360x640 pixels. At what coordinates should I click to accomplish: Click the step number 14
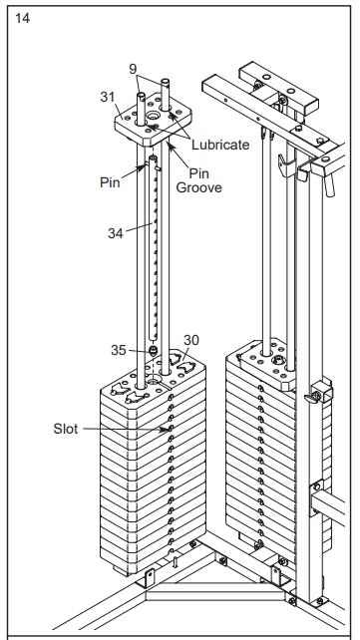click(22, 18)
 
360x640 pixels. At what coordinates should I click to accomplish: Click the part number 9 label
click(133, 69)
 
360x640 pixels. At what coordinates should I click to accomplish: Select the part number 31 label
click(108, 97)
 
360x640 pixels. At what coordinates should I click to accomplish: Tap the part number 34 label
click(115, 233)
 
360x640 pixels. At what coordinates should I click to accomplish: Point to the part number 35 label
click(119, 350)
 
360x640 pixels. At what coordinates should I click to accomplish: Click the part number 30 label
click(191, 340)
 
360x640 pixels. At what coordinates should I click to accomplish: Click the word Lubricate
click(220, 145)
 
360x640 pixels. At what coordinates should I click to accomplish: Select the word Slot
click(65, 429)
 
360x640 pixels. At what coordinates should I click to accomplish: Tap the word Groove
click(199, 187)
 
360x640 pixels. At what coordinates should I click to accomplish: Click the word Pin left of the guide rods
click(110, 182)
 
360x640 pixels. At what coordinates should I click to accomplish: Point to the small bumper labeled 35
click(153, 351)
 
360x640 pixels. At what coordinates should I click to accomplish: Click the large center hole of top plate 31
click(153, 116)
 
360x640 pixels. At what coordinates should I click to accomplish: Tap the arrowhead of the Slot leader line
click(168, 429)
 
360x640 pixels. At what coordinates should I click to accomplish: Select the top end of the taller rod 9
click(165, 81)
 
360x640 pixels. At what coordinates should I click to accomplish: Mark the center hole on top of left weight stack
click(153, 382)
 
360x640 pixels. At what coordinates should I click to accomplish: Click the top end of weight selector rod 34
click(153, 158)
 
